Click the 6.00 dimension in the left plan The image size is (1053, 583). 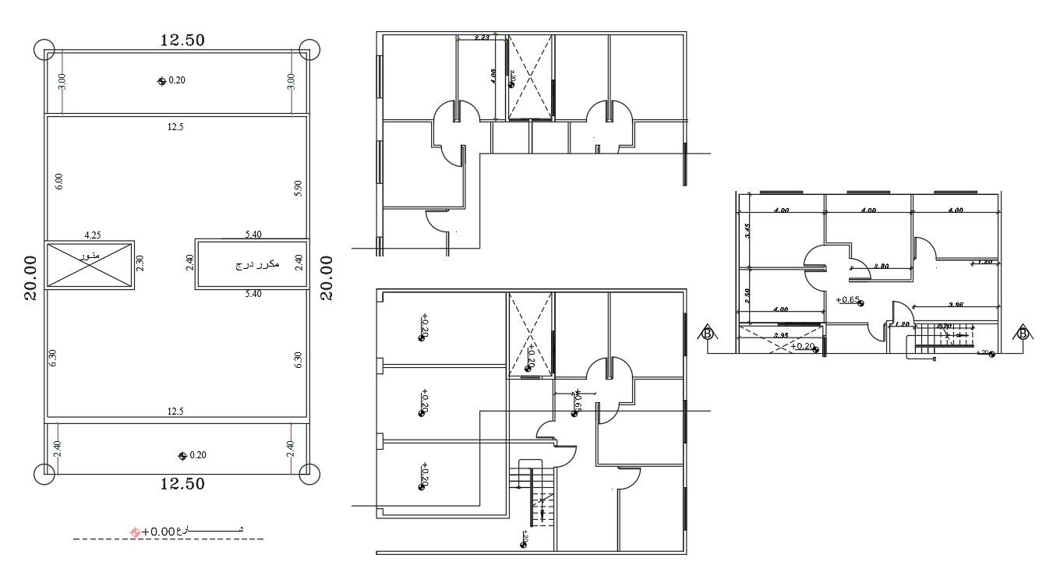click(x=59, y=182)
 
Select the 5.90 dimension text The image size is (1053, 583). click(x=298, y=188)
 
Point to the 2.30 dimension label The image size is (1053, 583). click(x=140, y=264)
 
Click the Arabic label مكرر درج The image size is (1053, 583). click(x=258, y=265)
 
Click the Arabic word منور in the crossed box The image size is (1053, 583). click(x=90, y=256)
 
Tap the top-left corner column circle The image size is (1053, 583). click(x=45, y=49)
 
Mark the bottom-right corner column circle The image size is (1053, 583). click(x=309, y=473)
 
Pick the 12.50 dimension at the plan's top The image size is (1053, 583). click(x=182, y=41)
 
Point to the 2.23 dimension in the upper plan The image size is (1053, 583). click(x=482, y=37)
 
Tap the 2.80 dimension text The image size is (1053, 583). click(x=882, y=266)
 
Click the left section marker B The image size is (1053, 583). click(x=707, y=334)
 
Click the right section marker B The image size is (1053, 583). click(x=1023, y=334)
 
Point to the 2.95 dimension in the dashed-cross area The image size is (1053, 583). click(x=781, y=336)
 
